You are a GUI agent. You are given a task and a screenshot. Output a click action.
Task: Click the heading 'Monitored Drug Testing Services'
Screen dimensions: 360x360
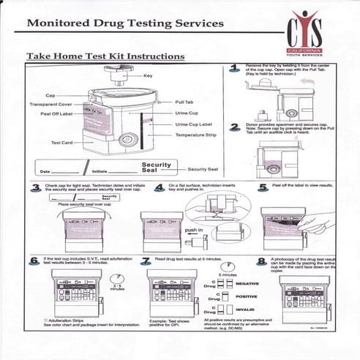pyautogui.click(x=125, y=23)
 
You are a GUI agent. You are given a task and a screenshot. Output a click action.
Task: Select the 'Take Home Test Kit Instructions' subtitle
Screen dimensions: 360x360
pyautogui.click(x=105, y=56)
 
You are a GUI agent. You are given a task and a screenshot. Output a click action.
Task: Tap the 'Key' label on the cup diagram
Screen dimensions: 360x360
pyautogui.click(x=147, y=75)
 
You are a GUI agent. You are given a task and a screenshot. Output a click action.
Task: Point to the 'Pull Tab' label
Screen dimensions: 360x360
pyautogui.click(x=184, y=102)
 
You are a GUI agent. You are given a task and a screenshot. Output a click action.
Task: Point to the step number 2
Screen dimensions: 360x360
pyautogui.click(x=234, y=127)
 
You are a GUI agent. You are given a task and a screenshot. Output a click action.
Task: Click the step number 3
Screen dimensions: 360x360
pyautogui.click(x=34, y=187)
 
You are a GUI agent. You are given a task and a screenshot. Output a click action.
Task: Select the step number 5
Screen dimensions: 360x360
pyautogui.click(x=263, y=187)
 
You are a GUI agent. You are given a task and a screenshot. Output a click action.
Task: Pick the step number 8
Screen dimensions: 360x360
pyautogui.click(x=262, y=260)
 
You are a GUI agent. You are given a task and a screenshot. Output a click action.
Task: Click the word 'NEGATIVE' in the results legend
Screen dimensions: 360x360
pyautogui.click(x=247, y=282)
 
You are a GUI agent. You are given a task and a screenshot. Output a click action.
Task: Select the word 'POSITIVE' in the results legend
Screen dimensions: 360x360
pyautogui.click(x=247, y=296)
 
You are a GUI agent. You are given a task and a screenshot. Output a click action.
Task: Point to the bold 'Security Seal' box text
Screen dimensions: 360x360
pyautogui.click(x=156, y=168)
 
